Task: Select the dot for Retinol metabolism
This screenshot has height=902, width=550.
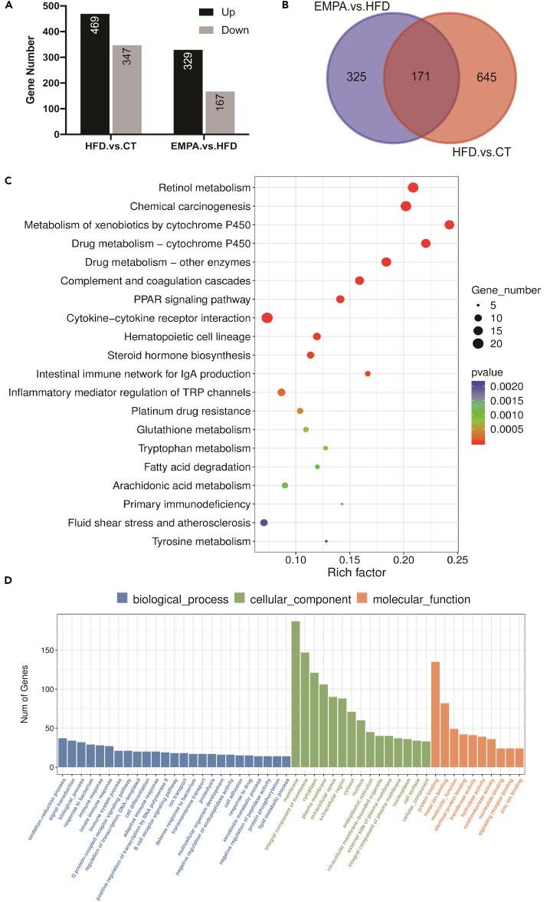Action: tap(413, 188)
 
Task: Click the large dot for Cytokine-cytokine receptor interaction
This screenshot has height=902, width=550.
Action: tap(267, 318)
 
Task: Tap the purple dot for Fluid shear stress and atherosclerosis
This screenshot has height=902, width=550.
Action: tap(264, 523)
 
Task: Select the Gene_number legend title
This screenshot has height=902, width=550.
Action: tap(506, 290)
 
